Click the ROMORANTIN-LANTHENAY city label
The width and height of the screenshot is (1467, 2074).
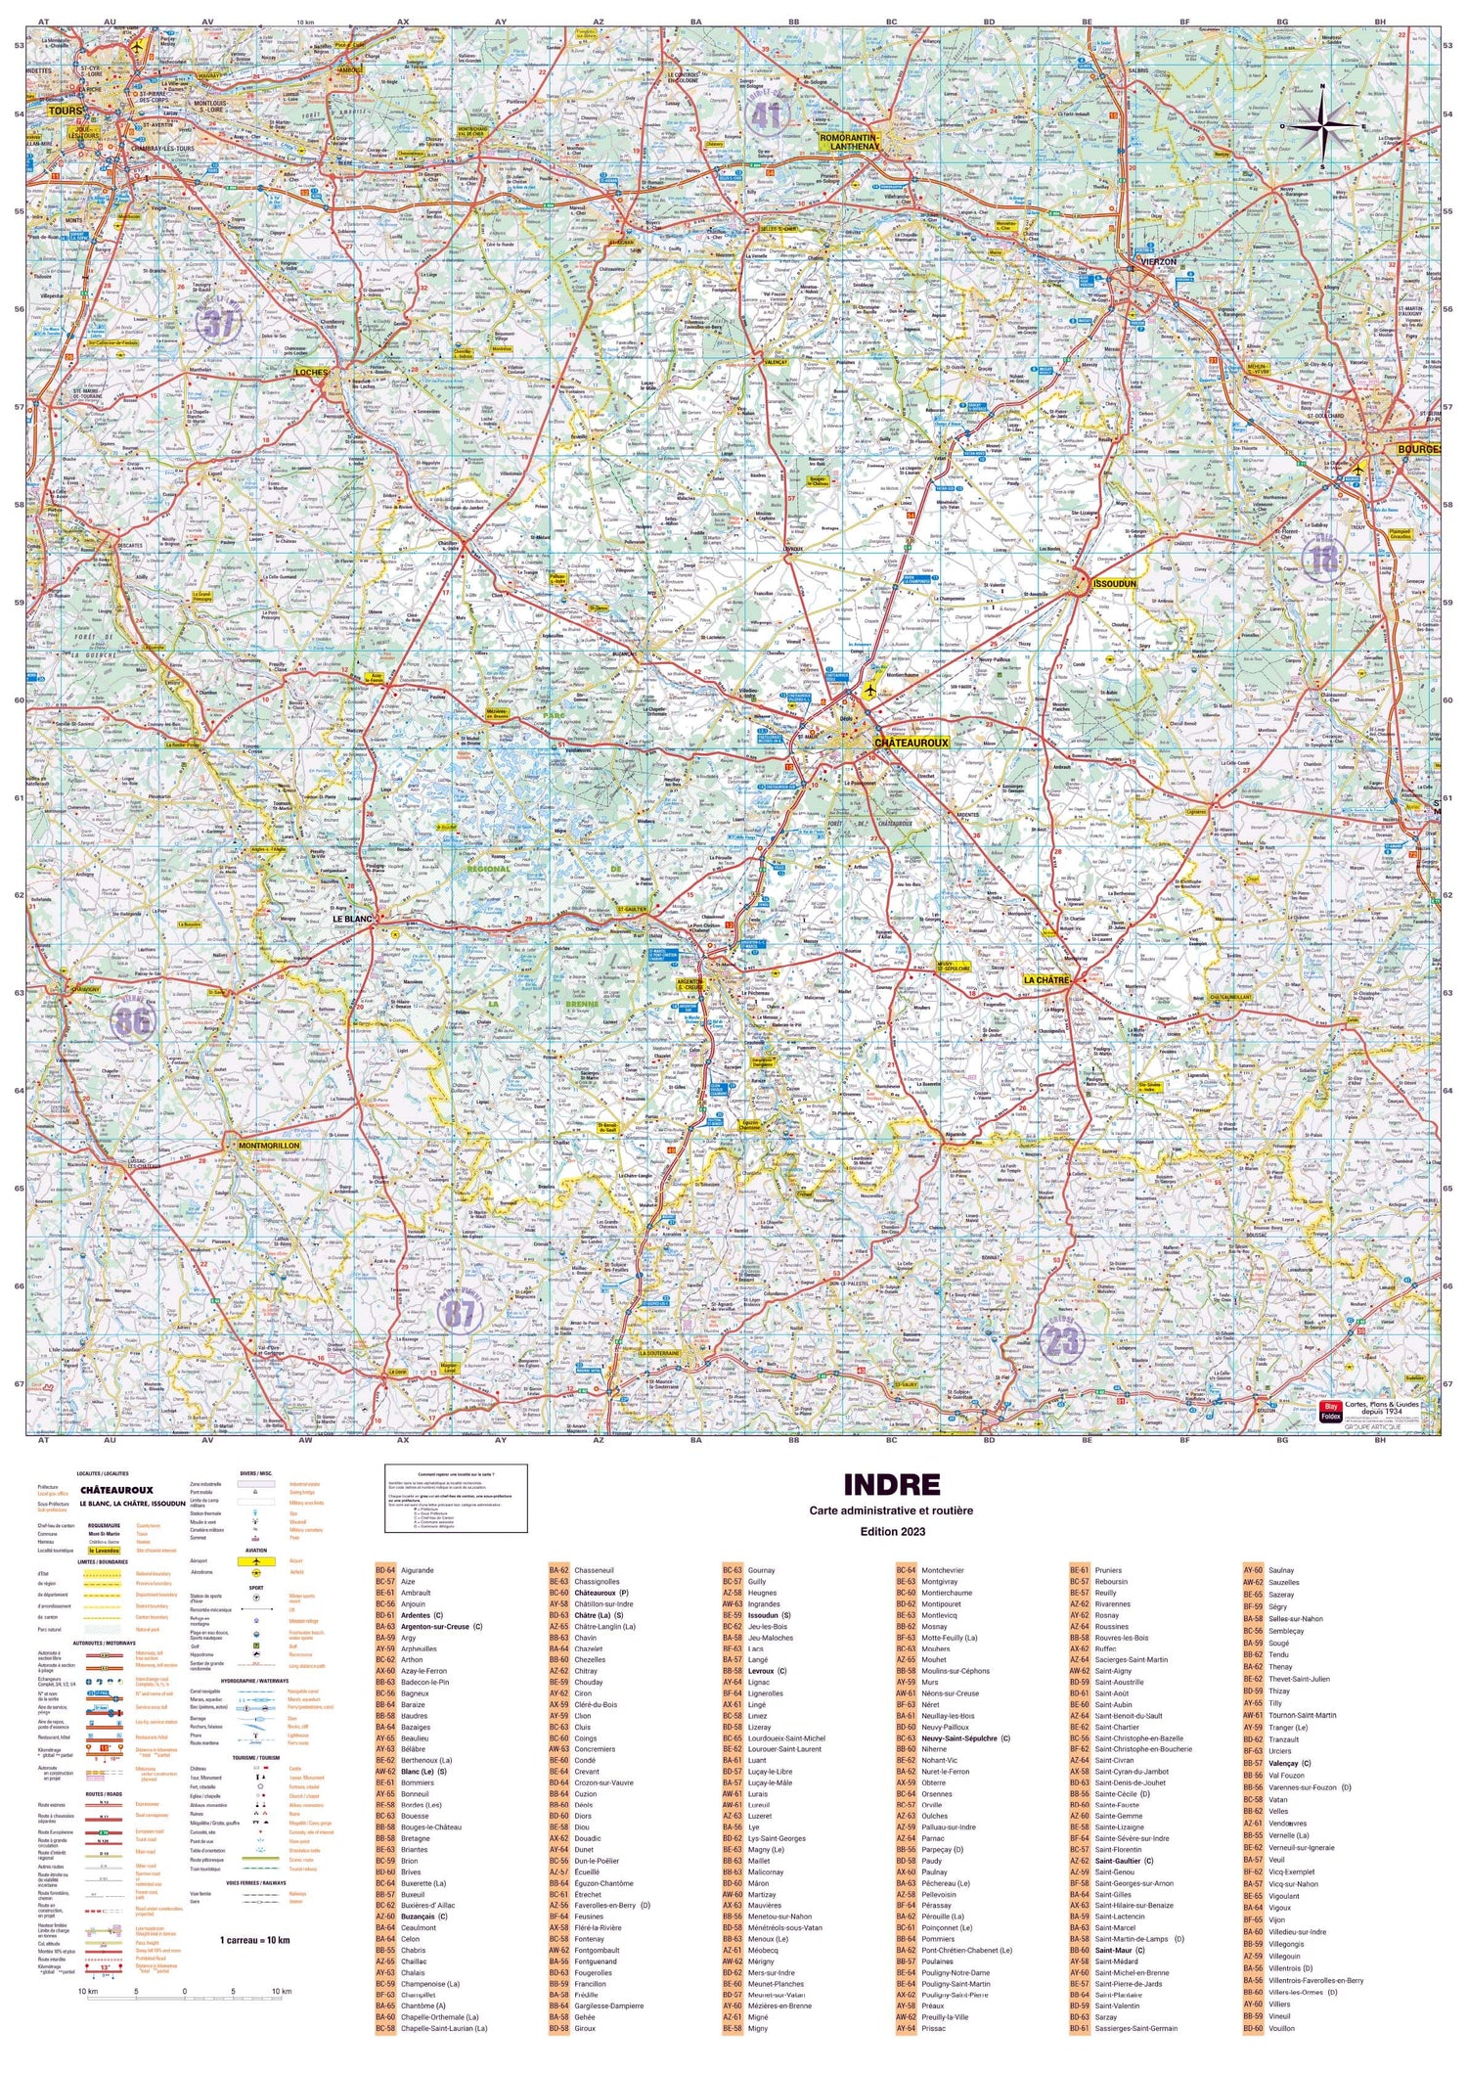(849, 142)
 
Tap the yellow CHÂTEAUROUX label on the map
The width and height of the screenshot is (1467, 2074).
(911, 743)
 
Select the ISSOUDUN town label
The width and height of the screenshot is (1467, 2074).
(1115, 584)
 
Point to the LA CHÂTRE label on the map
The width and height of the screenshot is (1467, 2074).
(1045, 979)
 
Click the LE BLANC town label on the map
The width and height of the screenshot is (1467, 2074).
(353, 919)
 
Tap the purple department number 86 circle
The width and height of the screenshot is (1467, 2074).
(134, 1021)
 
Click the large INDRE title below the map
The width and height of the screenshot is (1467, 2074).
(891, 1484)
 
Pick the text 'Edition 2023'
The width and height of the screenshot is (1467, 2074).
(891, 1531)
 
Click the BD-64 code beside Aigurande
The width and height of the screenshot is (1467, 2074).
(385, 1570)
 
